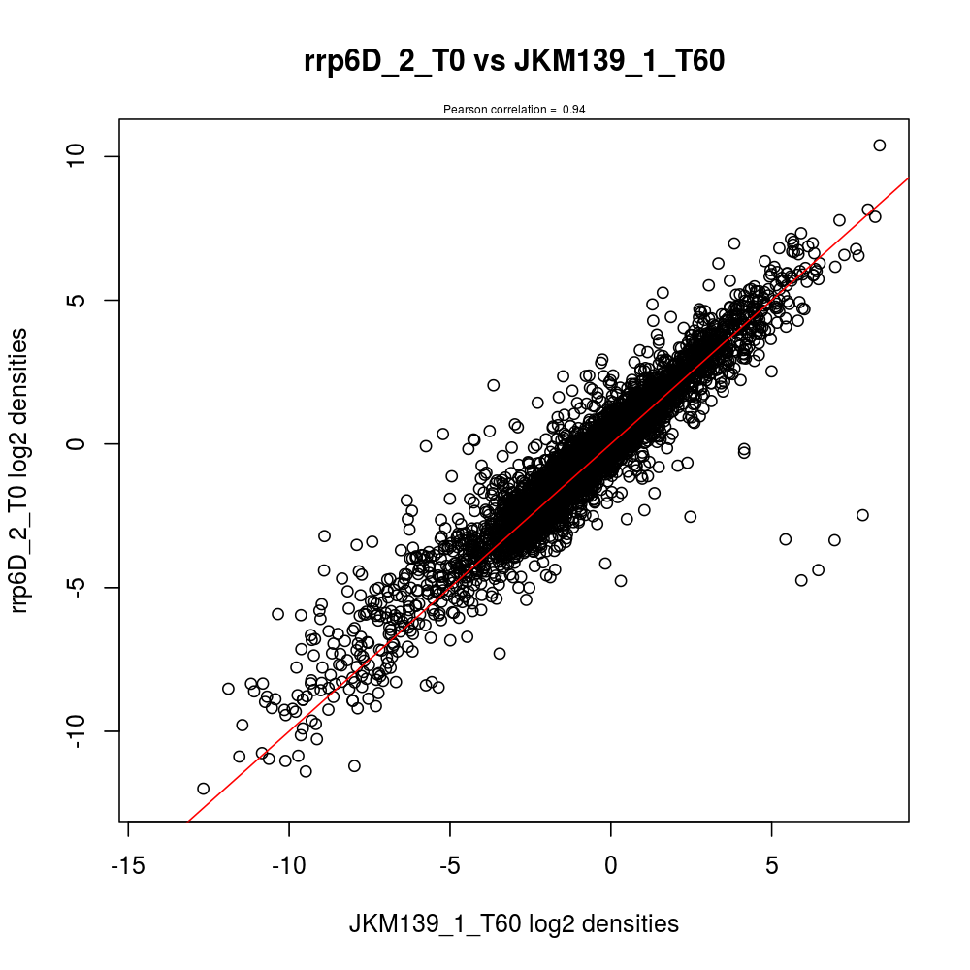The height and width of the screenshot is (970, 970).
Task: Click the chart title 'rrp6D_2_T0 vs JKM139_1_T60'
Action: [514, 62]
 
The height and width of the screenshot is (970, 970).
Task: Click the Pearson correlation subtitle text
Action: [514, 110]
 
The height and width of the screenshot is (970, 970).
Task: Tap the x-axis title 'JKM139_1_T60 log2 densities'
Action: [514, 924]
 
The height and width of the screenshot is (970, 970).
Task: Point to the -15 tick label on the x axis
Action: [129, 863]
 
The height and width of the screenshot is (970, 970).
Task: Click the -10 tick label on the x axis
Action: [289, 863]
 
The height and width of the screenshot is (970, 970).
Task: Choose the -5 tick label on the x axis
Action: [450, 863]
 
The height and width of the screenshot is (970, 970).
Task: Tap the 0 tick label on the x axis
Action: [611, 863]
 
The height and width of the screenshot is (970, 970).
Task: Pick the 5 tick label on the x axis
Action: [771, 863]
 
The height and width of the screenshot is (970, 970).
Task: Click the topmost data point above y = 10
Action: [880, 145]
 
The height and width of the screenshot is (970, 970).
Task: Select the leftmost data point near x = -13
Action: [203, 789]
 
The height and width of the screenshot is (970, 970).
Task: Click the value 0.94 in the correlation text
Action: [573, 110]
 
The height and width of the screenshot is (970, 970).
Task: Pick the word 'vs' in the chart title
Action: [493, 62]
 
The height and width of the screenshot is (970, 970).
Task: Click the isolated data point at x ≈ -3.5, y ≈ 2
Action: [493, 385]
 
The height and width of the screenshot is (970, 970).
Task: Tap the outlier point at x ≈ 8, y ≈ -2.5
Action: [862, 515]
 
